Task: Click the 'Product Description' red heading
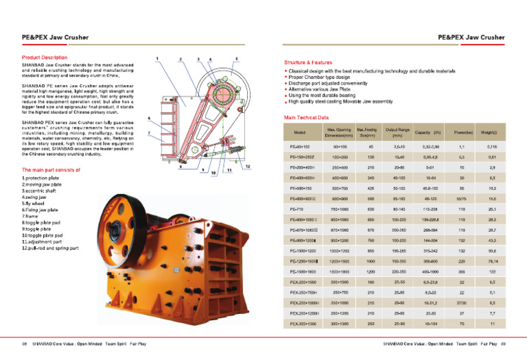click(x=45, y=57)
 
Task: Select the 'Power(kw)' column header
click(x=444, y=132)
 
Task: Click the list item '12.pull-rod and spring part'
click(x=50, y=248)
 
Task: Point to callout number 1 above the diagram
click(x=157, y=58)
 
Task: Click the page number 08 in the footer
click(x=24, y=342)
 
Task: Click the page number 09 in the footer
click(x=503, y=342)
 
